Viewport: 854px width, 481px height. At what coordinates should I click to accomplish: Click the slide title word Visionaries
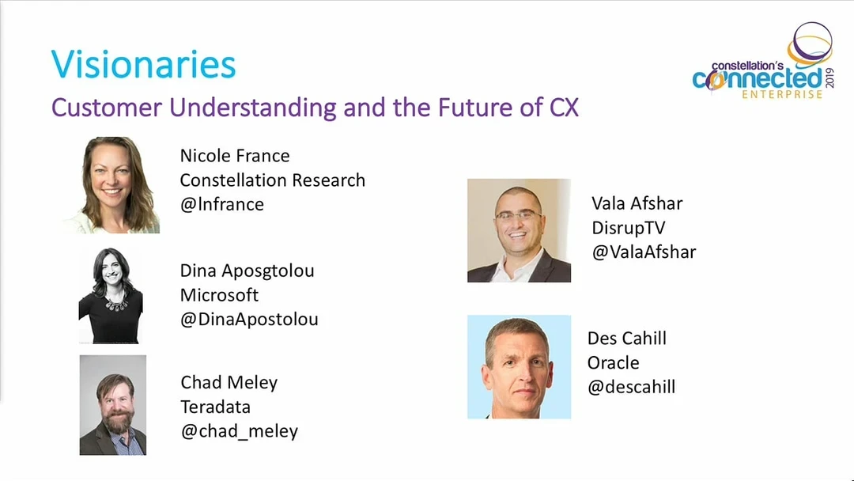143,65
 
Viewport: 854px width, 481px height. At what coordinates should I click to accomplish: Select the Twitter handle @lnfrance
221,204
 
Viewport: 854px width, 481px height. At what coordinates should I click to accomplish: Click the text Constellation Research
272,180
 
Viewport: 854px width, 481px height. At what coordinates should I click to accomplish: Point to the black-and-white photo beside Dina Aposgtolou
111,296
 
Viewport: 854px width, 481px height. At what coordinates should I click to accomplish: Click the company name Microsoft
219,295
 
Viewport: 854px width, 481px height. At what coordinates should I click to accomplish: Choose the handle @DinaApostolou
249,319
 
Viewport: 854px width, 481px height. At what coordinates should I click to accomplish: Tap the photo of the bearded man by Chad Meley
113,405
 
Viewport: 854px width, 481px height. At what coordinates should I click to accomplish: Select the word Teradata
215,407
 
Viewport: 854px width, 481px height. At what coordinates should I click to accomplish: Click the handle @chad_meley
239,431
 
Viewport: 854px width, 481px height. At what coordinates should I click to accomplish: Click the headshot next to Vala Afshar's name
519,230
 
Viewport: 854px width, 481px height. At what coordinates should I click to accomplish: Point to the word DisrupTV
629,228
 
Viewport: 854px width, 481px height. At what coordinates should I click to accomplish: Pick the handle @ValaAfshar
644,252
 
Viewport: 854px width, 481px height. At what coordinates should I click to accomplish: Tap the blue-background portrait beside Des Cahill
519,366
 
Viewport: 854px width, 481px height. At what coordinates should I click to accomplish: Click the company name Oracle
614,363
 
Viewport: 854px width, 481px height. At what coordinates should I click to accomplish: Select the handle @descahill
631,387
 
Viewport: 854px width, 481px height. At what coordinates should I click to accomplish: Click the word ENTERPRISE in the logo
782,95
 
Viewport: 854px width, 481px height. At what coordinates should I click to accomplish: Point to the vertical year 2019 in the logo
829,78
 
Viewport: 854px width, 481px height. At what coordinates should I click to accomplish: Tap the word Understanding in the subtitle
253,108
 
